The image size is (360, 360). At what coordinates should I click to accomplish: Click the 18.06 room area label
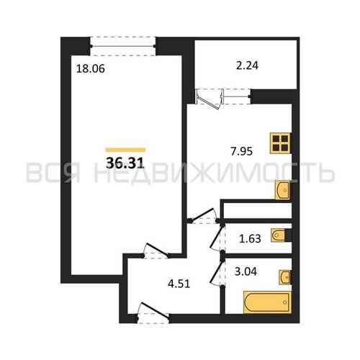coord(91,68)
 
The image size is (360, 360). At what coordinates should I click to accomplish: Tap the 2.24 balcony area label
coord(247,66)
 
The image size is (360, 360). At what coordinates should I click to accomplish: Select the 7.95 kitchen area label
coord(241,151)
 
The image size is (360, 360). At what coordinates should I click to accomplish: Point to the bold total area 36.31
coord(125,163)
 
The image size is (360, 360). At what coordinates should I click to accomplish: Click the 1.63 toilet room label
coord(250,239)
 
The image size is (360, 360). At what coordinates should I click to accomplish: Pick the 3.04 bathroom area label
coord(246,271)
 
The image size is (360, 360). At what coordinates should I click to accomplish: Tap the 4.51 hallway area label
coord(179,284)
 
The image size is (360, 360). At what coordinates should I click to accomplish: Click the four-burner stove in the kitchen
coord(280,143)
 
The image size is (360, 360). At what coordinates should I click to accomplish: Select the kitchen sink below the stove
coord(282,190)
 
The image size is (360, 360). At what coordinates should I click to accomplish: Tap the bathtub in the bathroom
coord(267,302)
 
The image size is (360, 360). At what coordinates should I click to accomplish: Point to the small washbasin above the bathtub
coord(285,277)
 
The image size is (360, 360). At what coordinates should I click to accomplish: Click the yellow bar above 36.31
coord(125,150)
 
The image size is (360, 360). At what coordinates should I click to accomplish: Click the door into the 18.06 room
coord(156,251)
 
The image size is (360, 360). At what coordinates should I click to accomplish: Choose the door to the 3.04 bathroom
coord(217,272)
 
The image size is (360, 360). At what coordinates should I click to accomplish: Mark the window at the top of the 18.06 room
coord(123,46)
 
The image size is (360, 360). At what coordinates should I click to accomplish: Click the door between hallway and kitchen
coord(204,216)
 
